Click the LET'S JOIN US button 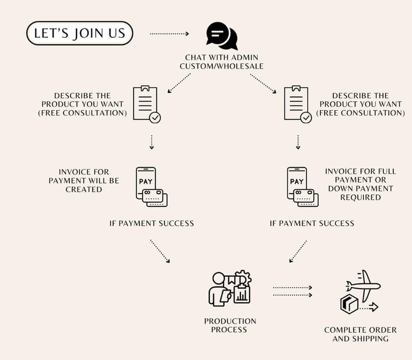(x=79, y=33)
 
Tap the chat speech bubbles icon (x=222, y=35)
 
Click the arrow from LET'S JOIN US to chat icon (x=169, y=34)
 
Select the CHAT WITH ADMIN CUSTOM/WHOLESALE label (x=222, y=61)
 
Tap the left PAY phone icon (x=151, y=186)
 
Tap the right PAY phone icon (x=302, y=186)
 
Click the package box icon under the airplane (x=349, y=304)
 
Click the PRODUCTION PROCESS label (x=230, y=325)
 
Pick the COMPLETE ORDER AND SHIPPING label (x=360, y=334)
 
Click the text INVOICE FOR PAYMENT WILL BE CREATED (x=84, y=181)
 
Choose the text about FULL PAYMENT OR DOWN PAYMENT (x=360, y=184)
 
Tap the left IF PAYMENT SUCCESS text (x=151, y=223)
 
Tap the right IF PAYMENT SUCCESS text (x=312, y=223)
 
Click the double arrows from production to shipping (x=292, y=291)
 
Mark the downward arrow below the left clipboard (x=152, y=142)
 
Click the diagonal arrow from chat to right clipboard (x=263, y=84)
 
